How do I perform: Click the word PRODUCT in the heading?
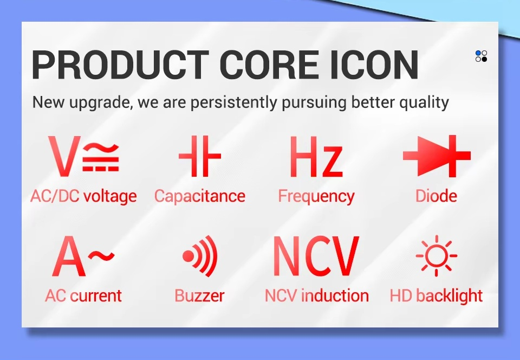pos(120,65)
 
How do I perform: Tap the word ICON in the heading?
pos(374,65)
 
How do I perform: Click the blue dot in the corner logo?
pos(478,54)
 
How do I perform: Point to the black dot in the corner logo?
pos(484,59)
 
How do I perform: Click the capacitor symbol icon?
pos(200,156)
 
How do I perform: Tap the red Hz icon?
pos(316,156)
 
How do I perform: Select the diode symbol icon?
pos(437,156)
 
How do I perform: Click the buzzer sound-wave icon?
pos(200,256)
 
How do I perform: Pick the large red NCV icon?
pos(316,256)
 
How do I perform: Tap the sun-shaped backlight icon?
pos(437,255)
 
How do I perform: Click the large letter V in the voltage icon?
pos(64,156)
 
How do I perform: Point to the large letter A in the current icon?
pos(69,256)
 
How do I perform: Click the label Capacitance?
pos(200,196)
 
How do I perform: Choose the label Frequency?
pos(316,196)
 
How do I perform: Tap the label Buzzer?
pos(199,295)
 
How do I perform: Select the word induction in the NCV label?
pos(335,295)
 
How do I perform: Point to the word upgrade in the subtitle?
pos(99,102)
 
